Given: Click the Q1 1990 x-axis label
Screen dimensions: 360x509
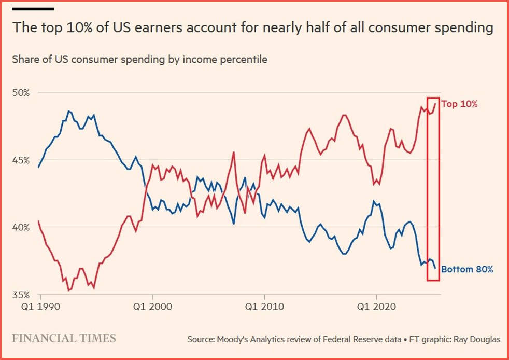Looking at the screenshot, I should (x=38, y=307).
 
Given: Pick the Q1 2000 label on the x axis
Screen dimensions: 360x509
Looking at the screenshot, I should (x=152, y=307).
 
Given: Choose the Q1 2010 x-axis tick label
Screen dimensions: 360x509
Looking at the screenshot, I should (x=264, y=307).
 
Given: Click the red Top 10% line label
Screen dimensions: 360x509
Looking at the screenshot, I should (x=459, y=104).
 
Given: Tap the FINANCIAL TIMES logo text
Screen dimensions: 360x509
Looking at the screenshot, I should (x=64, y=339).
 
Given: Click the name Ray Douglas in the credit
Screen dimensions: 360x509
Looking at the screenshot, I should (x=476, y=340).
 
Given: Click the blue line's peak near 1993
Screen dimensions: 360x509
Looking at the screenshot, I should (x=69, y=111).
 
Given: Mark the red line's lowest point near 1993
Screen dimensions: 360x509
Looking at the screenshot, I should (x=69, y=290).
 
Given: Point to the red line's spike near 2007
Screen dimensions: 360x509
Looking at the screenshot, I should (x=234, y=152).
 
